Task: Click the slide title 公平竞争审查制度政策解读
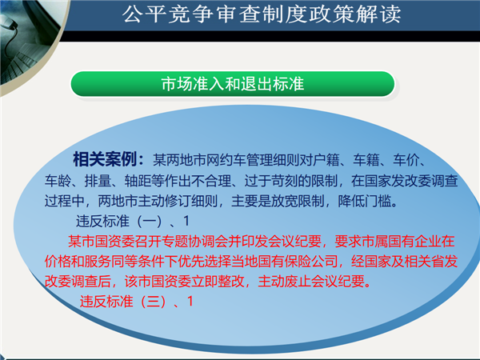[262, 14]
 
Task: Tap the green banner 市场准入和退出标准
[233, 84]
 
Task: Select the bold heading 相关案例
[105, 159]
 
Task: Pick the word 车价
[406, 160]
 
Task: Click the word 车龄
[58, 181]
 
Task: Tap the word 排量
[98, 181]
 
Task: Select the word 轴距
[138, 181]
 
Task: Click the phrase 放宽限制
[298, 201]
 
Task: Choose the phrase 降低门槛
[364, 201]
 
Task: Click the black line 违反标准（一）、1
[133, 221]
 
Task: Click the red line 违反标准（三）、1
[137, 302]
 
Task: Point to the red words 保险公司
[310, 261]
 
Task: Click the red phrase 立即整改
[218, 281]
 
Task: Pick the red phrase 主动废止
[284, 281]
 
